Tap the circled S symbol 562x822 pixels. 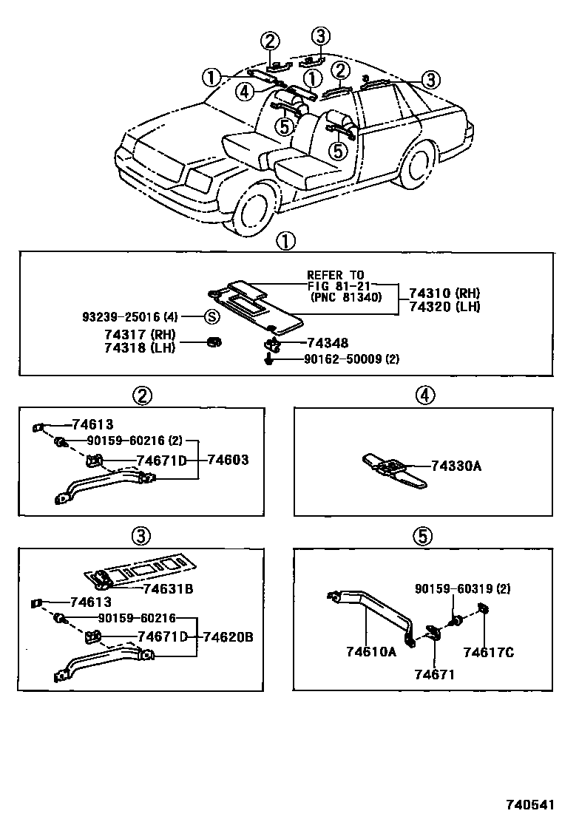(211, 317)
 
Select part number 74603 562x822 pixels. (228, 460)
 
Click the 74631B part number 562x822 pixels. (169, 588)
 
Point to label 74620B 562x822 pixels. (228, 636)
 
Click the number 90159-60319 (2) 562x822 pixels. (463, 589)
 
